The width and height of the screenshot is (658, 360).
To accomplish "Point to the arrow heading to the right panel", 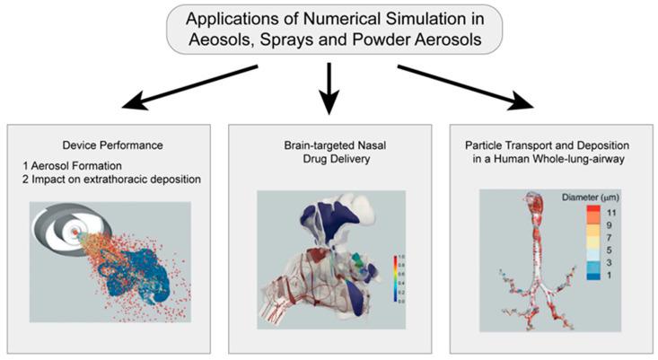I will click(x=475, y=84).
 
